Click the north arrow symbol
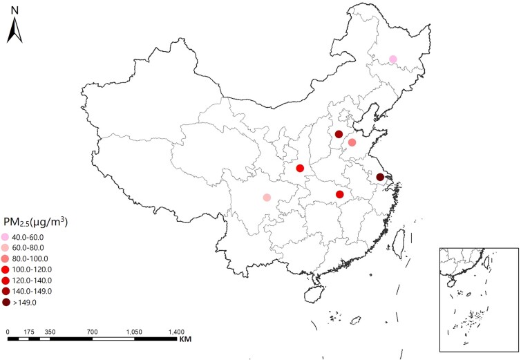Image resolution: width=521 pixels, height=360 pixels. pos(16,30)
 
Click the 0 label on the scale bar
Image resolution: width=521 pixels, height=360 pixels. pos(8,332)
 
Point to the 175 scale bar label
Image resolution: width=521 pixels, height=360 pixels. pos(28,332)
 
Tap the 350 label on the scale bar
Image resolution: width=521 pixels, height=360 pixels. pos(50,332)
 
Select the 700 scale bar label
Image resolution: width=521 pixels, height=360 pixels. pos(92,332)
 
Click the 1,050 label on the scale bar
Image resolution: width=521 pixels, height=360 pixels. pos(133,332)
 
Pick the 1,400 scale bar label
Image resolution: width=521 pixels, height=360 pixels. pos(176,332)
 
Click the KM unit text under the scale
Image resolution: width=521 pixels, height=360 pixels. pos(184,340)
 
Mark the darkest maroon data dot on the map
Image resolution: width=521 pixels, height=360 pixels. pos(379,178)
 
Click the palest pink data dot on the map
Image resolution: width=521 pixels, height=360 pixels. pos(392,59)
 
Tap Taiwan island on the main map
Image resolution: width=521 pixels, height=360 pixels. pos(399,239)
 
